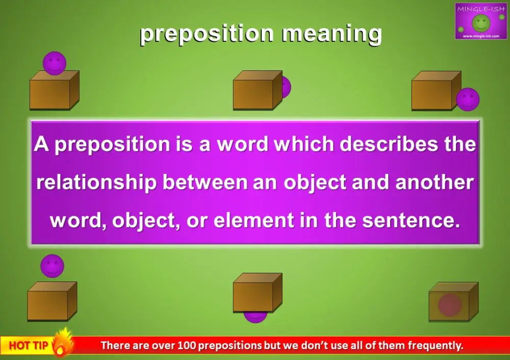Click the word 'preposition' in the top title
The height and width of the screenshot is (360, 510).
[206, 34]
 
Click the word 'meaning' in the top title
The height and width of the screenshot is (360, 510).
[331, 34]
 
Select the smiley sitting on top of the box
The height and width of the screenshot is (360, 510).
[55, 63]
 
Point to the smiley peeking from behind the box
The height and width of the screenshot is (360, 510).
[286, 87]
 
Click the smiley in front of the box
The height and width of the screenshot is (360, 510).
[468, 99]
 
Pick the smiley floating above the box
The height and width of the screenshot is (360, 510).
[53, 266]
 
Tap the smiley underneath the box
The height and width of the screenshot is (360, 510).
[255, 317]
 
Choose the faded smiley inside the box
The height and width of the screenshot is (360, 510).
[450, 305]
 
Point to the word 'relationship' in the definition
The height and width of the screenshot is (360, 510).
[96, 183]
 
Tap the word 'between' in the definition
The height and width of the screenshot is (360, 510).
[207, 183]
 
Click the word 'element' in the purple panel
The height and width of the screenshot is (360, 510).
[258, 221]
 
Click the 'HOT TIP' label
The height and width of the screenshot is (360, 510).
[29, 346]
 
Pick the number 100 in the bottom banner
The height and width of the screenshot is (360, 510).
[186, 346]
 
